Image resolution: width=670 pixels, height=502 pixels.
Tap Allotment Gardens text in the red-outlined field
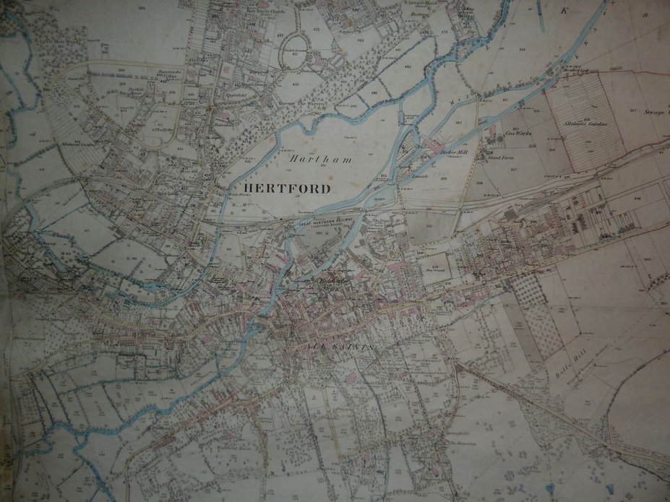588,124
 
